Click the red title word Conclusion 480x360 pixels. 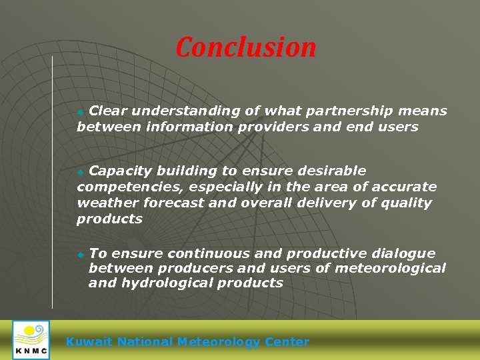(246, 47)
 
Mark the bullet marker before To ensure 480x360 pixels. (81, 255)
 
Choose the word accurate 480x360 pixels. (406, 187)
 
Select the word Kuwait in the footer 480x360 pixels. (89, 342)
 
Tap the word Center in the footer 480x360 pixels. (287, 342)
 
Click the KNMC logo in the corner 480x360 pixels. (31, 339)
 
